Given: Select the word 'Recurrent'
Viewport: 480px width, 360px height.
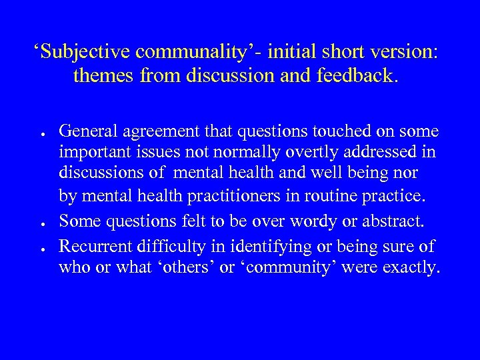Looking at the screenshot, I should [x=93, y=247].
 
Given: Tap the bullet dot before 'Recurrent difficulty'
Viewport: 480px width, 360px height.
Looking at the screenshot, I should [x=41, y=247].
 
